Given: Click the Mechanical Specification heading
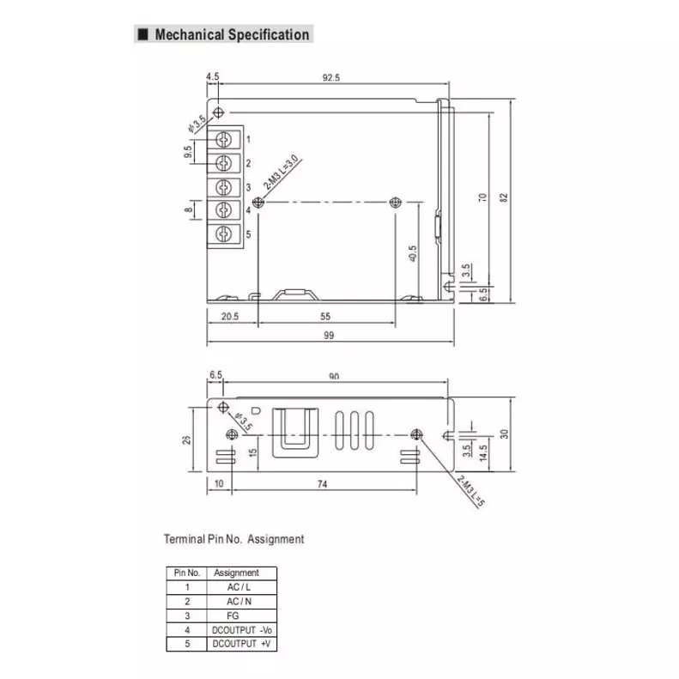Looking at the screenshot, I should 231,35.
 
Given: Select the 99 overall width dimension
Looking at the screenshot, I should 329,336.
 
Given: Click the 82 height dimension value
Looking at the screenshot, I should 505,197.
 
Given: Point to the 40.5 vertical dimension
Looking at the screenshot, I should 412,255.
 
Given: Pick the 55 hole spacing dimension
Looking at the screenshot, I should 326,316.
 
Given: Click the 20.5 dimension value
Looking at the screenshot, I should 229,316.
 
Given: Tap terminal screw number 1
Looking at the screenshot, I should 225,139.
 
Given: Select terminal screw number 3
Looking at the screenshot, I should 225,187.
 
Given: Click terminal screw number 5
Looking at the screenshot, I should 225,233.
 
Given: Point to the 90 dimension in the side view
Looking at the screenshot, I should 333,376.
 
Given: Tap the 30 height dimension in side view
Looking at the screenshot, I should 505,433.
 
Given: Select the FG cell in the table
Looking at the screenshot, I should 234,615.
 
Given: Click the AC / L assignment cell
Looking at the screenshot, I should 234,587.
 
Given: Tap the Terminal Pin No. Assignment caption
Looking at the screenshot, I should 233,539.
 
